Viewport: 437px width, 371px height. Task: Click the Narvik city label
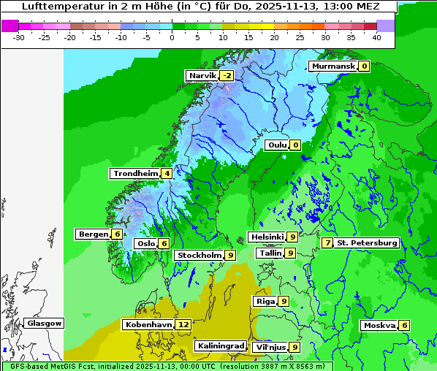click(202, 76)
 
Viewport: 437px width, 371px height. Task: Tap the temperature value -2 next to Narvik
click(227, 76)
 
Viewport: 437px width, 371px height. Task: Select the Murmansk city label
click(333, 66)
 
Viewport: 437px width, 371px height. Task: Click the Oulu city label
click(277, 145)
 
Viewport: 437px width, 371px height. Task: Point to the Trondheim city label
click(135, 174)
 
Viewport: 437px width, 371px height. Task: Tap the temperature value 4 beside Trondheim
click(167, 174)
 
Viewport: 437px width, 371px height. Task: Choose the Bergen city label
click(93, 234)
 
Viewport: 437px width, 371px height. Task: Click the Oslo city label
click(146, 244)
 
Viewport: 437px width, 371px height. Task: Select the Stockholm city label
click(199, 255)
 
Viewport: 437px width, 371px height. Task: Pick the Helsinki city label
click(266, 237)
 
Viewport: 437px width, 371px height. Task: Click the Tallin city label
click(270, 253)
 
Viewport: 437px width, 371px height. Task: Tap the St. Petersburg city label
click(367, 242)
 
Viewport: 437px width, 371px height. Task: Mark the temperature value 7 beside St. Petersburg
click(327, 242)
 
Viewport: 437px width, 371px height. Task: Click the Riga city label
click(265, 301)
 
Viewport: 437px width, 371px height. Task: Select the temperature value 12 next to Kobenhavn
click(183, 324)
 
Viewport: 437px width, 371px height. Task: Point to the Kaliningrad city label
click(220, 346)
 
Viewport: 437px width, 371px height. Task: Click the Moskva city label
click(379, 326)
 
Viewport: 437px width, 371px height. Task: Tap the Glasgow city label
click(44, 324)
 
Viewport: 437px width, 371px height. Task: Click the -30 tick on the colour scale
click(20, 37)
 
